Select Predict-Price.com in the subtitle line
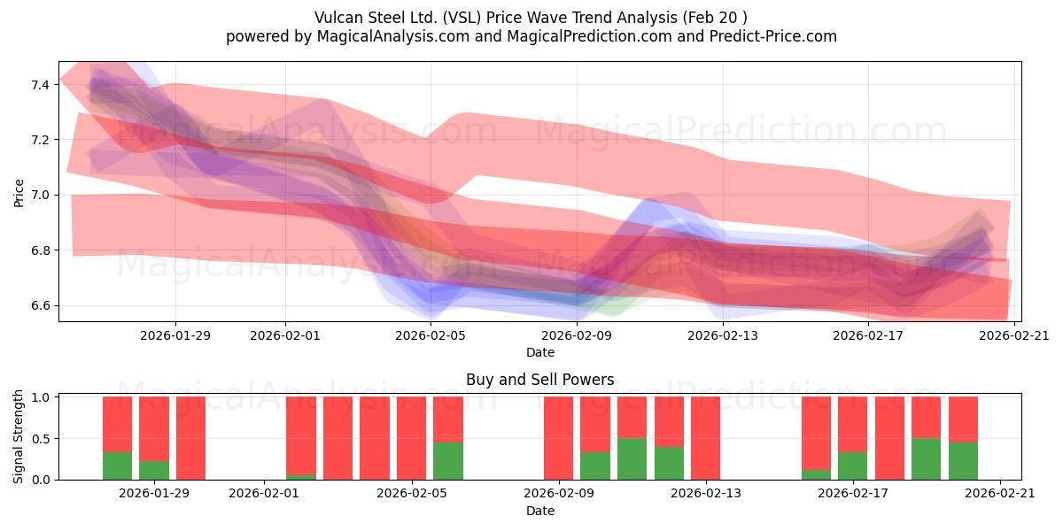coord(773,36)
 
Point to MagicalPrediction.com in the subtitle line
coord(589,36)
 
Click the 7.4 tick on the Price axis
coord(40,85)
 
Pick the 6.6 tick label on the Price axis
coord(40,306)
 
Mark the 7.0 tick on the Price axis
coord(40,196)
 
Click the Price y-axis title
coord(19,193)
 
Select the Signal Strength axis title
coord(18,436)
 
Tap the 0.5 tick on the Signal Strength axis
coord(40,439)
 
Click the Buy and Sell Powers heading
coord(540,380)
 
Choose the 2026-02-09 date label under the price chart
coord(577,335)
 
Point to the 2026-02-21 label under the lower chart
coord(1000,494)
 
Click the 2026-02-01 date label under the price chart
coord(285,335)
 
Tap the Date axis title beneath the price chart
coord(540,352)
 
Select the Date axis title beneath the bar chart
coord(540,511)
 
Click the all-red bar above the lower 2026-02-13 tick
coord(705,438)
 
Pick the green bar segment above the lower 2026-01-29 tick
coord(154,470)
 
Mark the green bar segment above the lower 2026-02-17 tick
coord(852,466)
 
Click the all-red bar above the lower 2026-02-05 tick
coord(411,438)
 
